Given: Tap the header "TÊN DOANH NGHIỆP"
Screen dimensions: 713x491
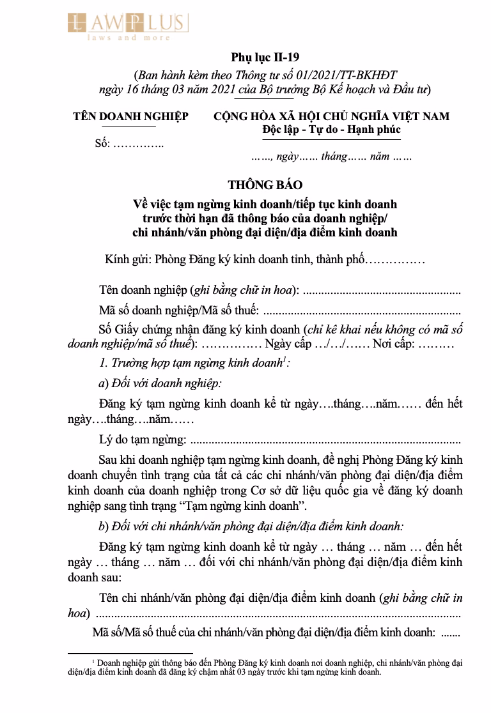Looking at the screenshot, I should click(130, 116).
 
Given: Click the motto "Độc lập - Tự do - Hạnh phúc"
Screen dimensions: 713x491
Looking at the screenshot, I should click(331, 130).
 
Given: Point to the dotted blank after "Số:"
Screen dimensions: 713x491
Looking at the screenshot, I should click(138, 143).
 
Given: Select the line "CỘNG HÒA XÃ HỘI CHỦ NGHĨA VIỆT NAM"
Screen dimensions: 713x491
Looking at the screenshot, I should click(331, 116).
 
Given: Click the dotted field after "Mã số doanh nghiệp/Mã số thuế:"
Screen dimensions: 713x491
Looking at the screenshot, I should click(362, 312).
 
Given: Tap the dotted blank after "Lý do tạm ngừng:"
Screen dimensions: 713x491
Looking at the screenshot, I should click(325, 440).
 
